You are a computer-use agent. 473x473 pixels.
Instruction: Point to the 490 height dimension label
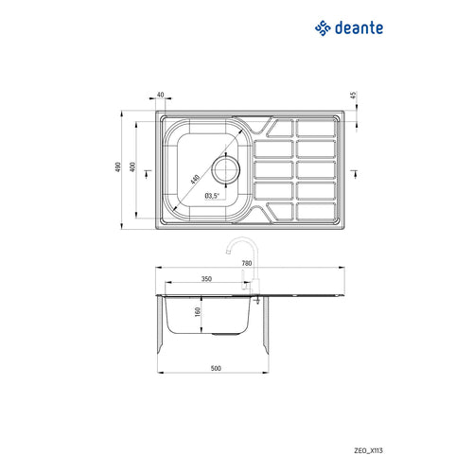[x=118, y=167]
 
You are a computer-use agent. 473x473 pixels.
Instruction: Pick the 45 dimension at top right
[x=353, y=96]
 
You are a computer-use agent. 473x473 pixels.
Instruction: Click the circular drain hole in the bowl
[x=227, y=171]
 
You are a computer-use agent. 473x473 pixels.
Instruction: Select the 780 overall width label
[x=247, y=264]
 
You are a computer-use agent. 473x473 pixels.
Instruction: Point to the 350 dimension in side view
[x=206, y=280]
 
